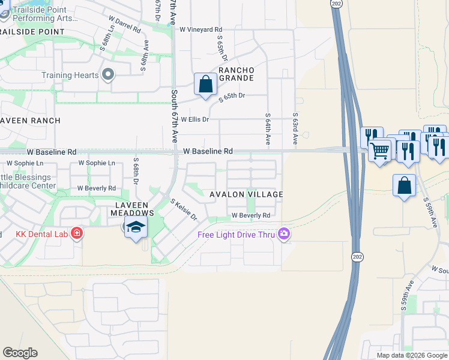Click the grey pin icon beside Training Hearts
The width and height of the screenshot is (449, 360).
(108, 75)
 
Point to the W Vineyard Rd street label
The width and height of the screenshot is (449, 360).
(200, 29)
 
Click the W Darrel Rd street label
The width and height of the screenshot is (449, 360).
(121, 28)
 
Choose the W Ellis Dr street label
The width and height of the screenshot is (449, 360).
(195, 119)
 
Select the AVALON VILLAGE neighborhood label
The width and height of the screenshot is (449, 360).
(246, 194)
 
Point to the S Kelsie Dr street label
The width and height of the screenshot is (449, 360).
(184, 209)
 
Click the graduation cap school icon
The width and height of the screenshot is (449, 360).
(136, 227)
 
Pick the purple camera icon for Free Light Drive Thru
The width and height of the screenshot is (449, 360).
(283, 235)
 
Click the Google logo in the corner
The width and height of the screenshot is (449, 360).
(20, 353)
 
